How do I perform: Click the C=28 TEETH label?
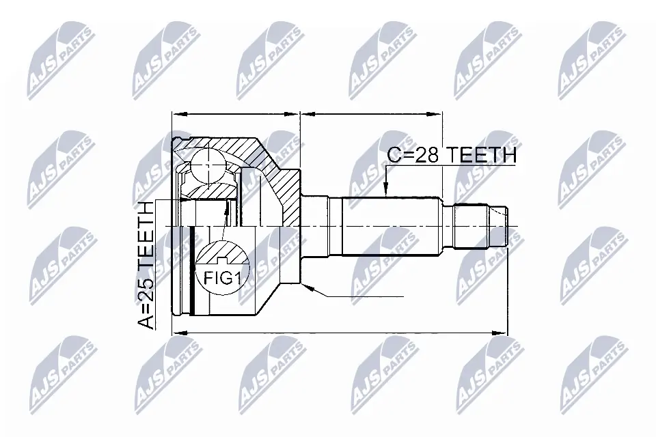tap(450, 156)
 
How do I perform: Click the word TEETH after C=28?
tap(481, 156)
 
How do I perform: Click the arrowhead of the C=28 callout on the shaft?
tap(386, 193)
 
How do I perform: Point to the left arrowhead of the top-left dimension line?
tap(175, 114)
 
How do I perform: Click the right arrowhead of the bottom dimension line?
tap(505, 333)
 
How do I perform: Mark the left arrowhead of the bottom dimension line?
tap(174, 333)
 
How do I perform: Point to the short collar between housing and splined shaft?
tap(316, 225)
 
